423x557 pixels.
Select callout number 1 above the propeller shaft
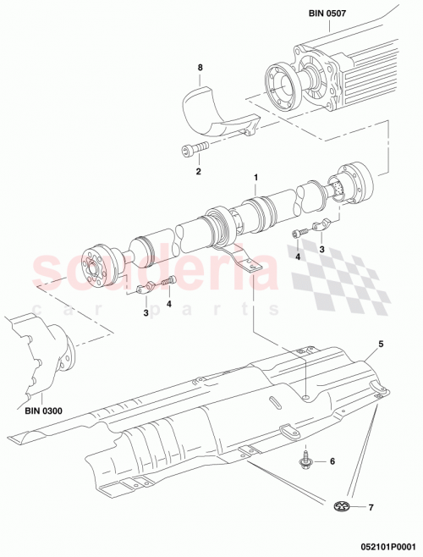point(253,179)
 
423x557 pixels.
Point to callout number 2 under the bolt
point(198,172)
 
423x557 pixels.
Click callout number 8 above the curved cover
point(201,66)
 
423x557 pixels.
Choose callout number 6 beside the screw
point(332,461)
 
